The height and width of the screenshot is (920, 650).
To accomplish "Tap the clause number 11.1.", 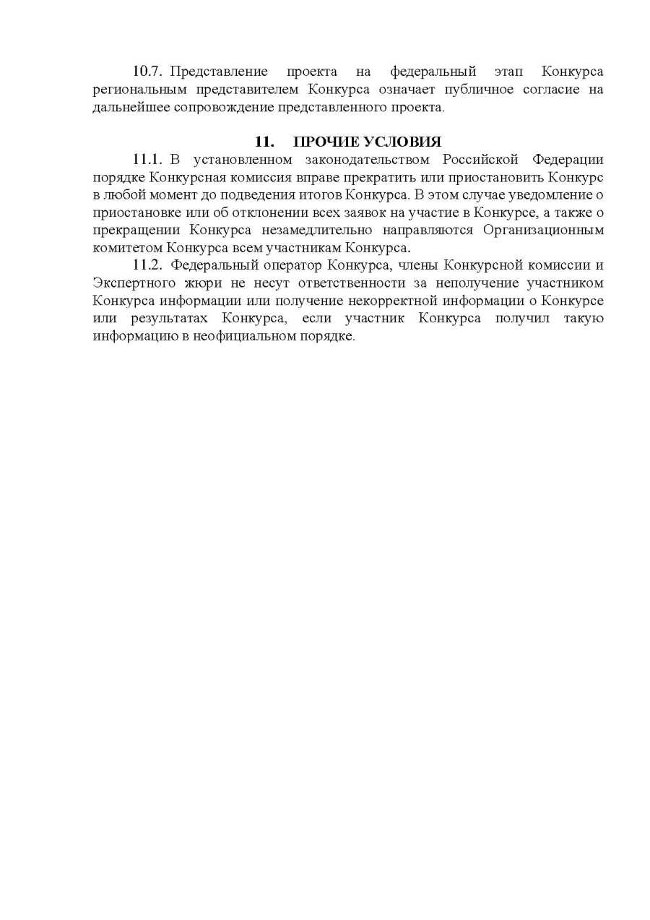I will [149, 159].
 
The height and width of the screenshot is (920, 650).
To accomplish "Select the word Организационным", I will [542, 230].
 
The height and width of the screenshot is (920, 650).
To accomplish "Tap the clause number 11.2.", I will [149, 265].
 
